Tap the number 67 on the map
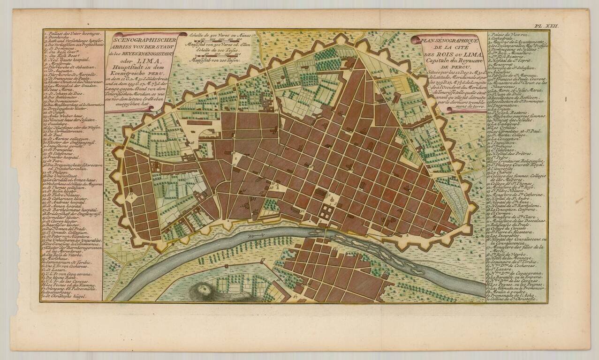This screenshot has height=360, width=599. pyautogui.click(x=296, y=296)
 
